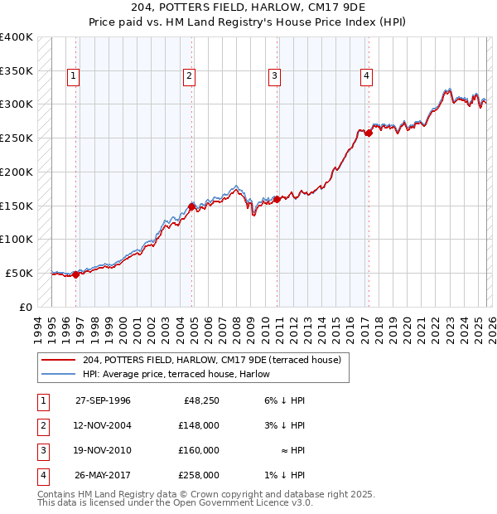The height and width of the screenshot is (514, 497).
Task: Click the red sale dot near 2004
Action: [x=191, y=206]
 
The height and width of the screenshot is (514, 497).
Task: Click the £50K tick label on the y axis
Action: [x=19, y=273]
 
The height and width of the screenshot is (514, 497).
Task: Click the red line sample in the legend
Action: [x=60, y=360]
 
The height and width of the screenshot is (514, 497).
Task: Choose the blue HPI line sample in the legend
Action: [x=60, y=374]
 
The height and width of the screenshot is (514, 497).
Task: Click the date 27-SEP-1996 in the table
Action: [x=103, y=400]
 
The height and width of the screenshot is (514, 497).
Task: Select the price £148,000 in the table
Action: [x=198, y=425]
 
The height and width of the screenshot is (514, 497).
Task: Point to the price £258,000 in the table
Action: [x=198, y=475]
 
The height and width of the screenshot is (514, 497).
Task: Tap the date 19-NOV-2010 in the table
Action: [x=103, y=450]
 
